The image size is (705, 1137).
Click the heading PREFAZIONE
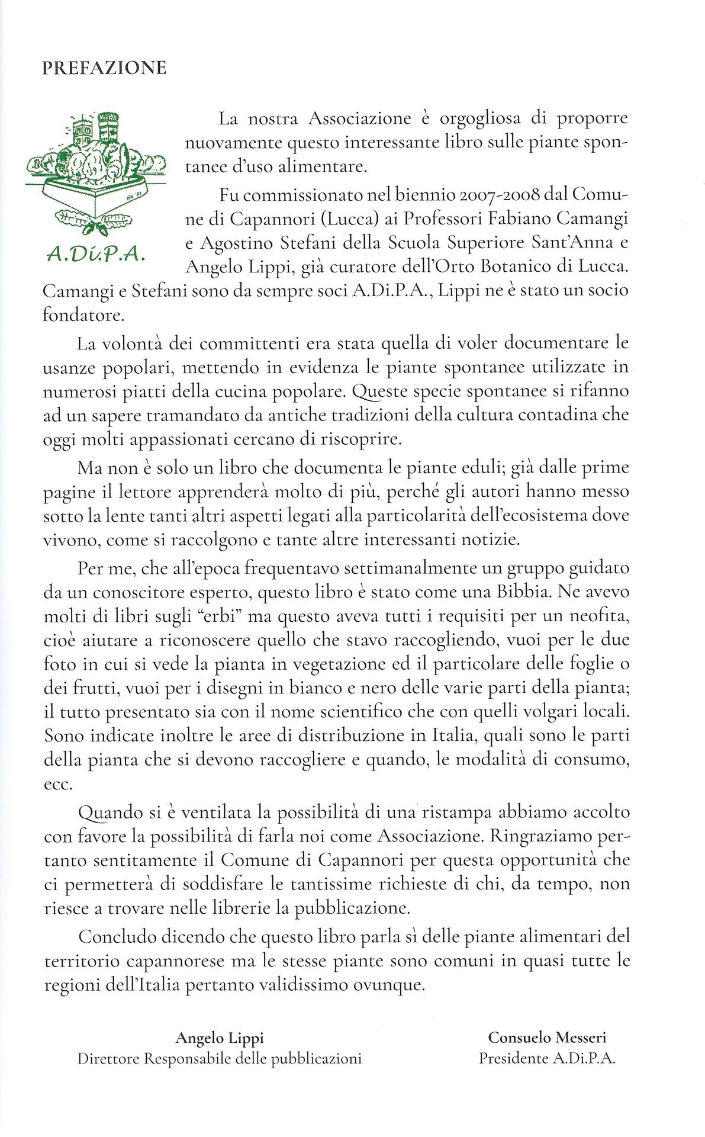[x=104, y=68]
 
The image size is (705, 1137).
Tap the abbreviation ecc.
[x=57, y=785]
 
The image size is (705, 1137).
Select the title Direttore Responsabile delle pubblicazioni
[x=219, y=1058]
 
